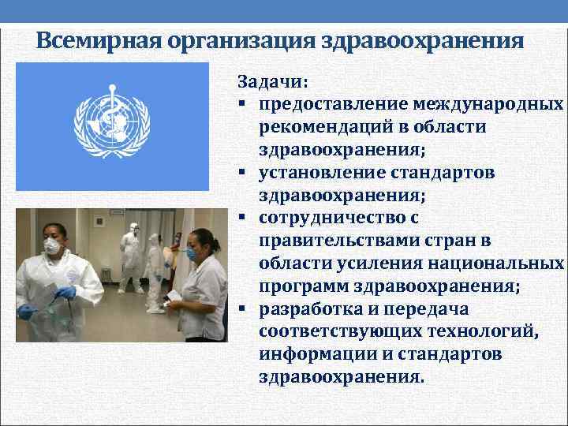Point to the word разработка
tap(307, 308)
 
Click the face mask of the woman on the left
tap(53, 246)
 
